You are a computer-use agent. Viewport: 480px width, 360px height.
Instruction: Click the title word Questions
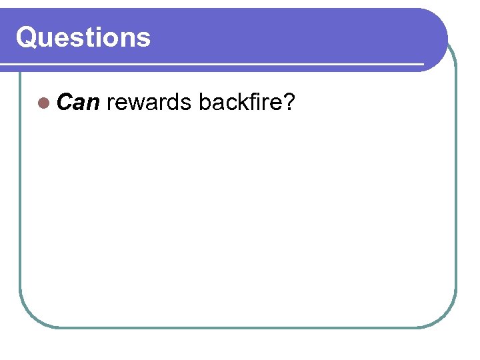83,37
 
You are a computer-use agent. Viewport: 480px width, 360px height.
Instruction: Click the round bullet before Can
44,103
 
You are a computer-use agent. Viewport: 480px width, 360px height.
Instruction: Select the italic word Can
79,103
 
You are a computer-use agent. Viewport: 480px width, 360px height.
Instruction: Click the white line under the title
213,65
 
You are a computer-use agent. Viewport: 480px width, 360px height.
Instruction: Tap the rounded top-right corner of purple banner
437,20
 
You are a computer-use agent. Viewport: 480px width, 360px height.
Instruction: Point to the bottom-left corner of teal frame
30,317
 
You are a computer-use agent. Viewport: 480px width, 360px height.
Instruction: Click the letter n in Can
93,105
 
